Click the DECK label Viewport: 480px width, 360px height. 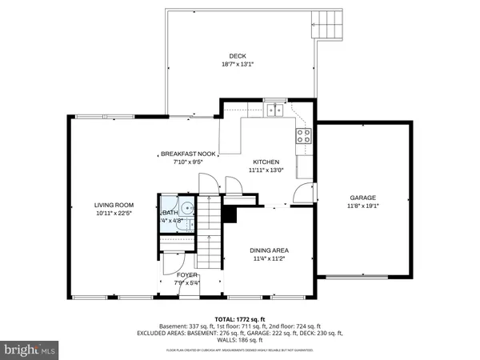pos(238,56)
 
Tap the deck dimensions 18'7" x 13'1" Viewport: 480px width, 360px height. pos(238,65)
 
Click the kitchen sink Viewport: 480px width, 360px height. pos(275,111)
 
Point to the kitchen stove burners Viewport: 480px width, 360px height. pos(304,135)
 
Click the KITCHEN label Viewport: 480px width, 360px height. pos(266,162)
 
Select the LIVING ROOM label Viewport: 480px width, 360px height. pos(114,205)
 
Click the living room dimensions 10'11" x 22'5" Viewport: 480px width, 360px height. pos(114,214)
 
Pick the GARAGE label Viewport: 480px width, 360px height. pos(362,198)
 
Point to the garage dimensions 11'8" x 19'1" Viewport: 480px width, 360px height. pos(362,206)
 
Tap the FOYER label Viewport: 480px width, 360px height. pos(186,274)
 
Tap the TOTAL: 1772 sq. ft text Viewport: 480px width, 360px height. pos(239,318)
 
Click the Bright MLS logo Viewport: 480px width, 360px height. pos(30,349)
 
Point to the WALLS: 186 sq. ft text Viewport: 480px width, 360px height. pos(239,340)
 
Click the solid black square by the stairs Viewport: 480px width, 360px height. pos(230,214)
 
